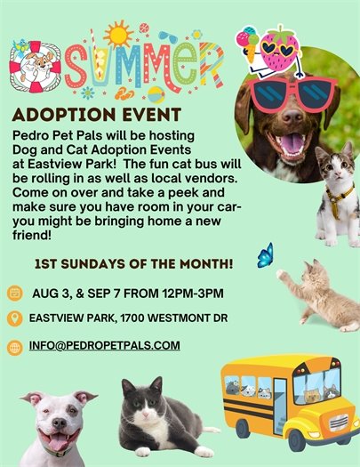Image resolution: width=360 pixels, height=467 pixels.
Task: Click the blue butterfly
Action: coord(265,256)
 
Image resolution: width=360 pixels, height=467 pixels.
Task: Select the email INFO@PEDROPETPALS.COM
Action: coord(105,345)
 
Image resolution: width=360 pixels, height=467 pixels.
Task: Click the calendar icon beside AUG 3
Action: coord(15,292)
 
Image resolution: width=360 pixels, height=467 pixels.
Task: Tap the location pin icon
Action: coord(15,318)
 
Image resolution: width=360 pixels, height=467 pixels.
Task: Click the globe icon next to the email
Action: coord(15,346)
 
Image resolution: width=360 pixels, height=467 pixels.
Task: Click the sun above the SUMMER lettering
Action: coord(118,34)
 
